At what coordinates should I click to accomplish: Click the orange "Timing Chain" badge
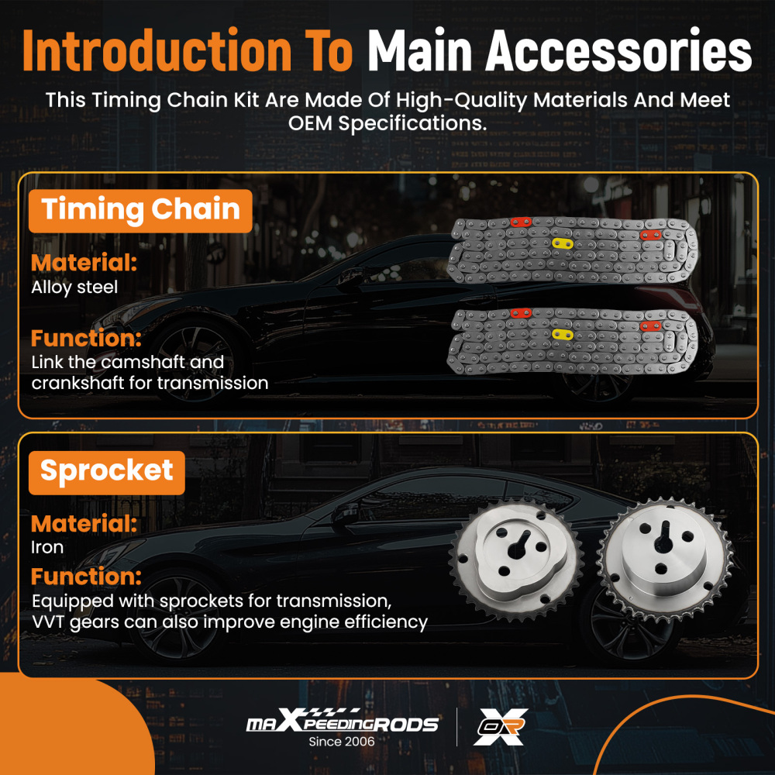point(140,211)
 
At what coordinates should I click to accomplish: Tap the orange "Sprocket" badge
point(107,473)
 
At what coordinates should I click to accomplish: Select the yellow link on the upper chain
point(563,243)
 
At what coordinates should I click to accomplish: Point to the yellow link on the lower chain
point(563,335)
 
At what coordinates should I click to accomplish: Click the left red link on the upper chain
point(521,222)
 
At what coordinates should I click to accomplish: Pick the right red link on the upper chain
point(650,235)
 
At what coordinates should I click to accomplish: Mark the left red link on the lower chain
point(521,313)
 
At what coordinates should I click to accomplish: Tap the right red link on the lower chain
point(650,325)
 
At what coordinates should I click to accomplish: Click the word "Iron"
point(47,548)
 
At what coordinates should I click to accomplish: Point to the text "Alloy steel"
point(74,288)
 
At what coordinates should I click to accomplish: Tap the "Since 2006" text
point(342,742)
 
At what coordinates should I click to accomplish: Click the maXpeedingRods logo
point(342,721)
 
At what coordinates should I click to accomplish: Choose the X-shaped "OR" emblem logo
point(500,727)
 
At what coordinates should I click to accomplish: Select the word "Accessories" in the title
point(618,51)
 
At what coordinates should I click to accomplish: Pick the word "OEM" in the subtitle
point(311,123)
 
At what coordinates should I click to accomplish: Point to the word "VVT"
point(48,622)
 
